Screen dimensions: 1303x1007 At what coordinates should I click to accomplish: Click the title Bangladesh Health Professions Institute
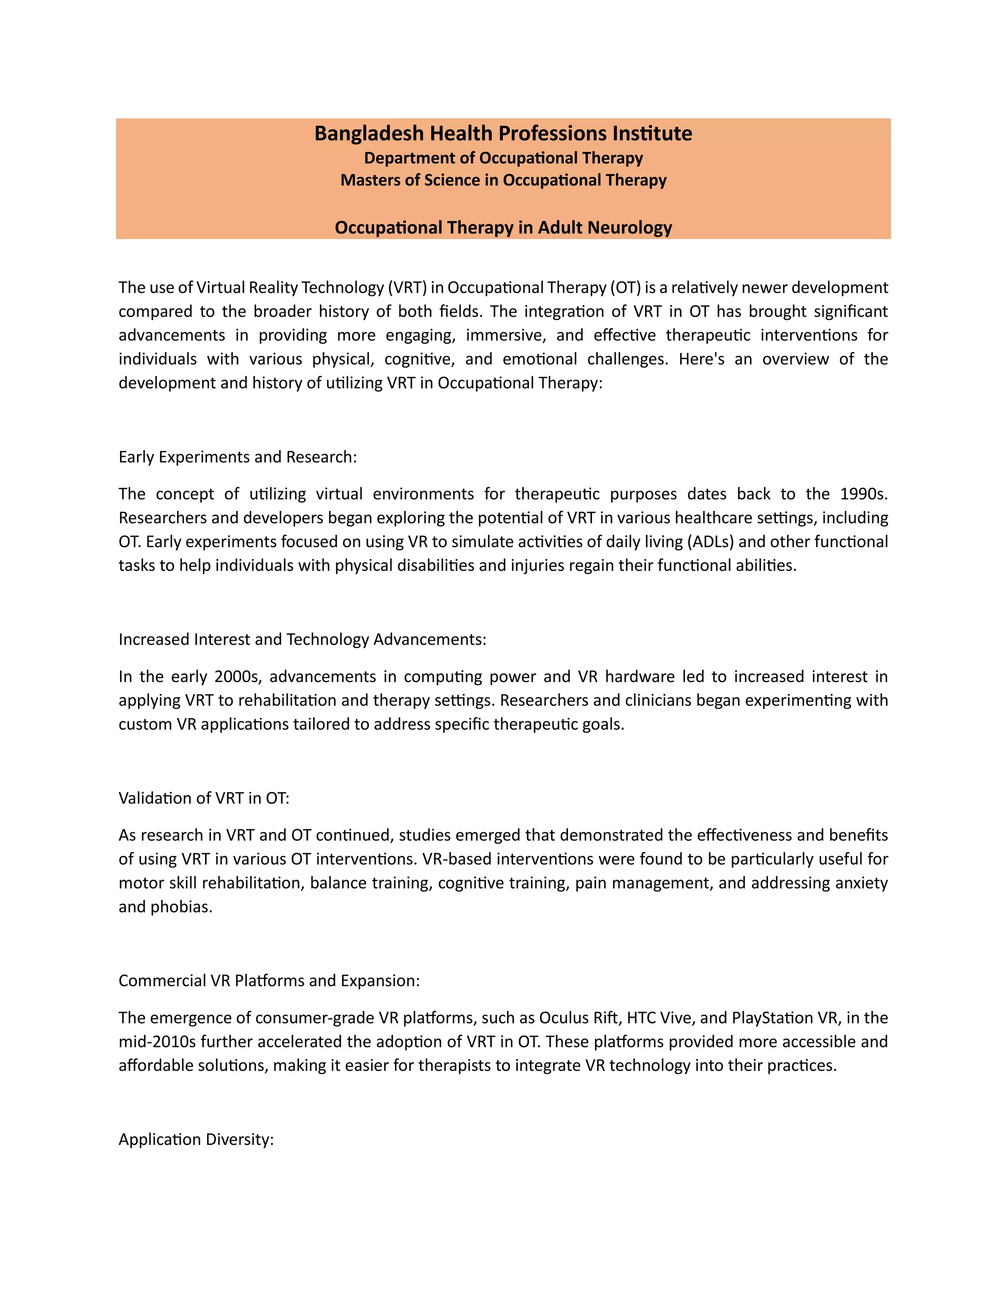pos(503,133)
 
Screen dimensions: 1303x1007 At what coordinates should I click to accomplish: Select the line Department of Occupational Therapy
pos(503,158)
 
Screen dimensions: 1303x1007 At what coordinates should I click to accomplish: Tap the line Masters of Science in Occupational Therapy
pos(503,180)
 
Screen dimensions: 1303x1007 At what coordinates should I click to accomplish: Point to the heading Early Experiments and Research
pos(237,456)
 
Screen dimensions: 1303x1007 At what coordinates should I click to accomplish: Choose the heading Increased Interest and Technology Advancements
pos(302,639)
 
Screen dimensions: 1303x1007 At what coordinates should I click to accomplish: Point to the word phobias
pos(181,907)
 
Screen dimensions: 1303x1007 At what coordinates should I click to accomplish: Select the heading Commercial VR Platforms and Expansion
pos(269,980)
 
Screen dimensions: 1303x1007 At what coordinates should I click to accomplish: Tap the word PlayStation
pos(768,1018)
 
